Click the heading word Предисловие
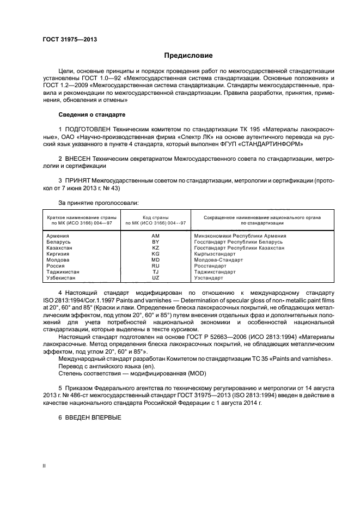pos(188,56)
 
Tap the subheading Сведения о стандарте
pos(92,115)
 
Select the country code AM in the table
pos(155,236)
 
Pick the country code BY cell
pos(155,241)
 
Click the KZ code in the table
pos(155,247)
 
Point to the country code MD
pos(155,259)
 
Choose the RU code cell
pos(155,265)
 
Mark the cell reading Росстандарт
pos(210,265)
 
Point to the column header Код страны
pos(155,217)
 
